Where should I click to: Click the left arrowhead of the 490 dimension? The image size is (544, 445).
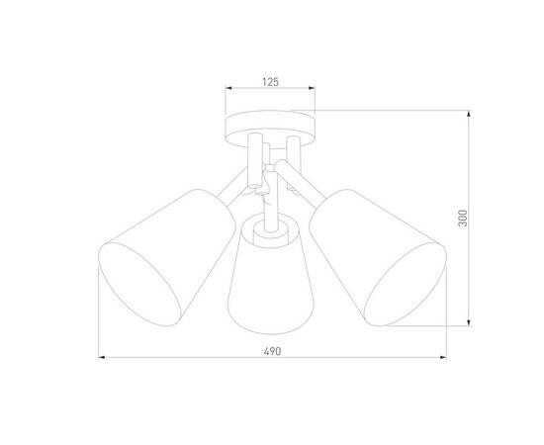pyautogui.click(x=100, y=358)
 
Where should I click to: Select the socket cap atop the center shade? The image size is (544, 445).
pyautogui.click(x=265, y=228)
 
